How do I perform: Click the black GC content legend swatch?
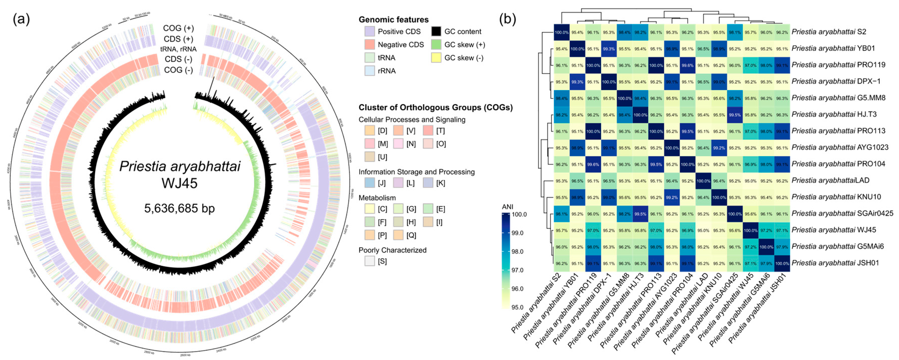[x=436, y=31]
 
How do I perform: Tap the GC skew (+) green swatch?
[x=436, y=45]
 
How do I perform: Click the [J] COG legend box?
[x=370, y=183]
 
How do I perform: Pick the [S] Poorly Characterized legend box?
[x=370, y=261]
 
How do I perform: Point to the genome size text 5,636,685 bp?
[x=179, y=209]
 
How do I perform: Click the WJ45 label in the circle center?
[x=179, y=183]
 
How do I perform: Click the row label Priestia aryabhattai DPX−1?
[x=836, y=81]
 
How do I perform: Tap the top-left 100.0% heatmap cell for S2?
[x=562, y=32]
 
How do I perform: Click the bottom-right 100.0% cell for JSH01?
[x=782, y=263]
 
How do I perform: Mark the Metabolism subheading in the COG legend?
[x=377, y=198]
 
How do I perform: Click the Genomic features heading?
[x=393, y=20]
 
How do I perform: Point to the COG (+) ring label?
[x=178, y=28]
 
